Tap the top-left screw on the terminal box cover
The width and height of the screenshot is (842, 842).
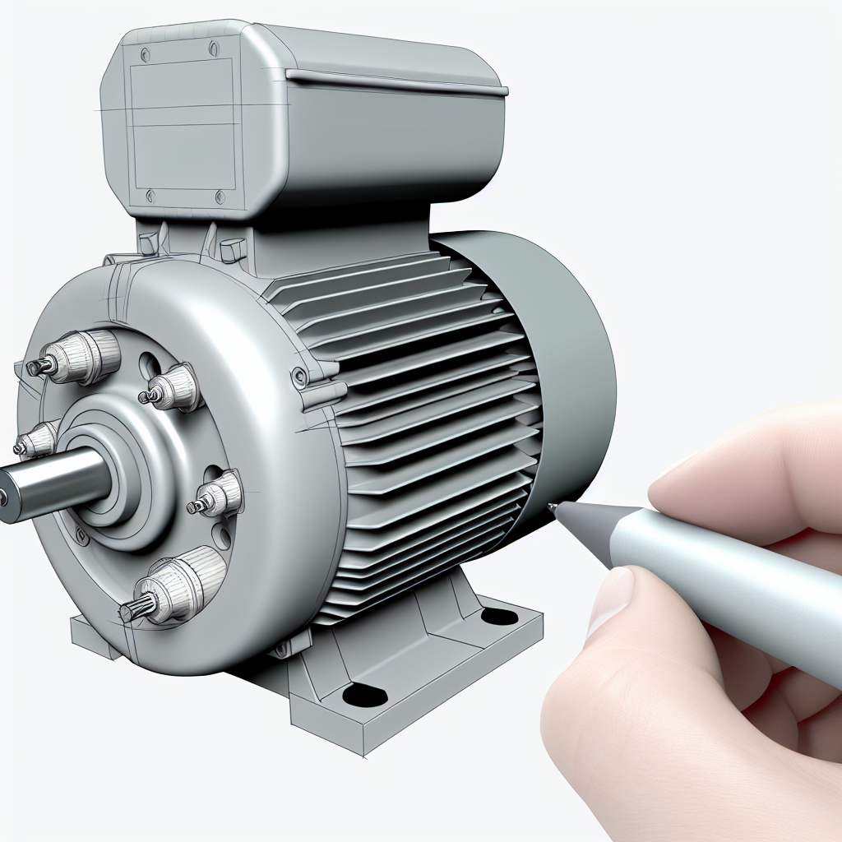coord(146,55)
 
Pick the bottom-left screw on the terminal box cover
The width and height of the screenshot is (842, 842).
coord(150,195)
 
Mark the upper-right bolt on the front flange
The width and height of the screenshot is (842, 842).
coord(173,387)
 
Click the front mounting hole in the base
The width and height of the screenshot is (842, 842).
coord(364,696)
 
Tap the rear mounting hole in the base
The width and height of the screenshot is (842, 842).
coord(499,615)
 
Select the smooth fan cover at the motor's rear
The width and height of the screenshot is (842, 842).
coord(567,362)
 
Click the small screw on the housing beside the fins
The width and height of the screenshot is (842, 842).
coord(300,378)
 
